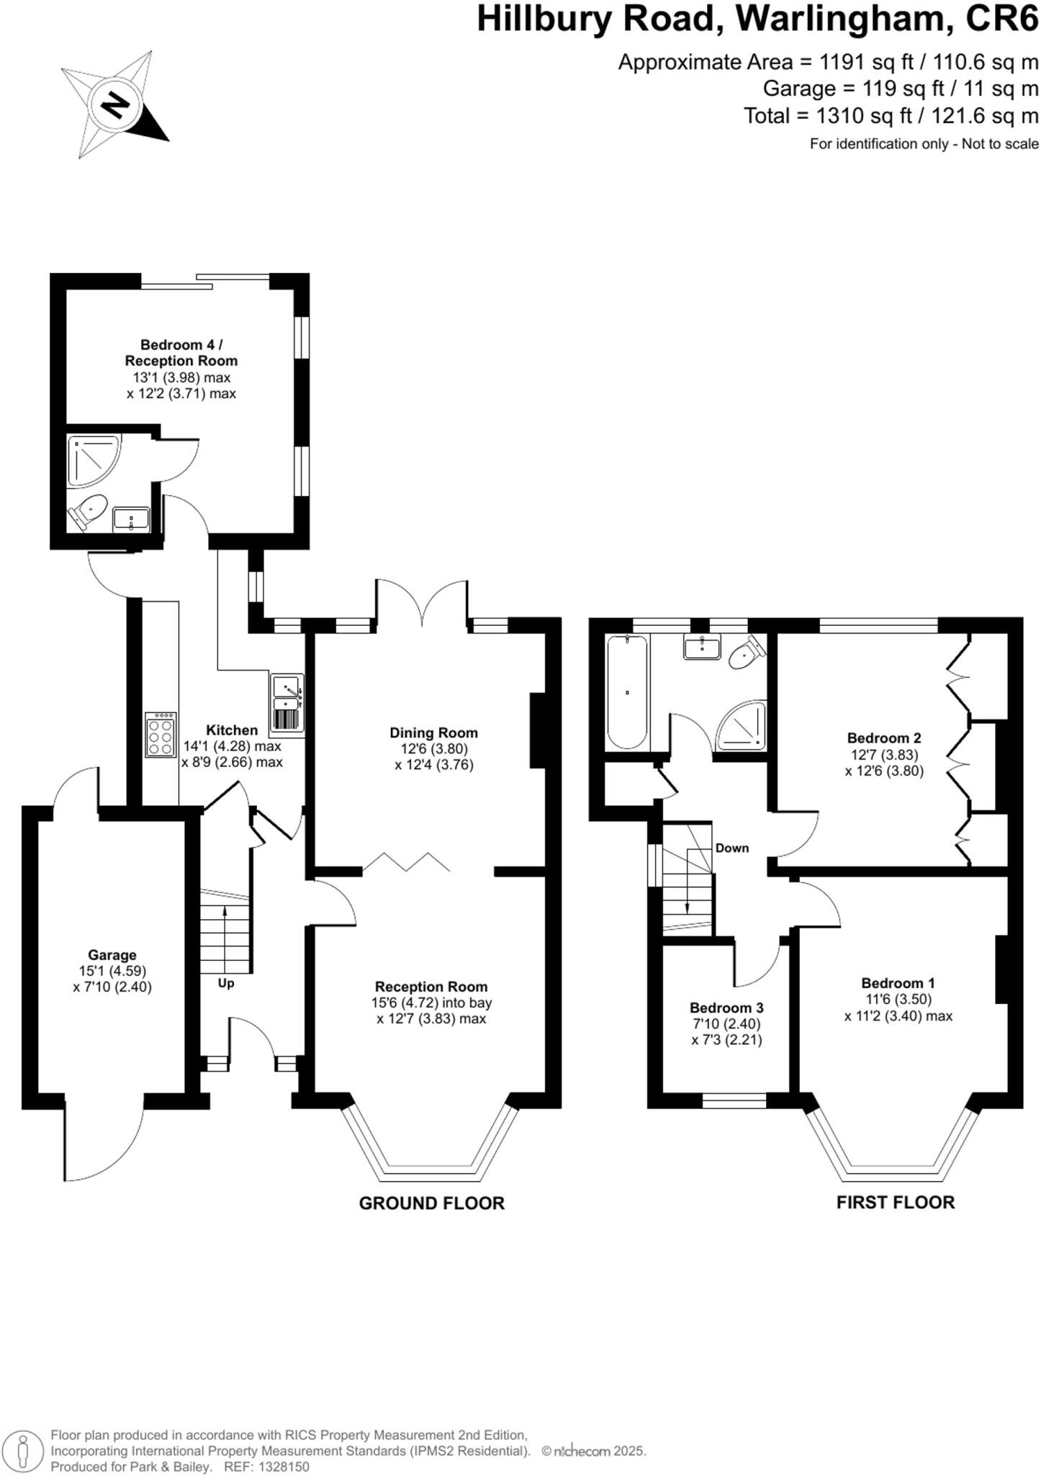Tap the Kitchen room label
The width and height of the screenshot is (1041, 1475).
click(x=232, y=730)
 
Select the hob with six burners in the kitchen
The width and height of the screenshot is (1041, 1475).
click(x=161, y=735)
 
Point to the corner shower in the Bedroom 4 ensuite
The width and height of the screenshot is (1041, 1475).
click(x=93, y=459)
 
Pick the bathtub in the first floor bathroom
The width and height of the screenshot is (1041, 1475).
click(x=627, y=692)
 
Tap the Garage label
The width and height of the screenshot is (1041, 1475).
click(x=112, y=955)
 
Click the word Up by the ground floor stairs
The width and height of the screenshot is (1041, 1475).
click(x=226, y=983)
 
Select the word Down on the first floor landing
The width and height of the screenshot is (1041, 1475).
click(x=731, y=848)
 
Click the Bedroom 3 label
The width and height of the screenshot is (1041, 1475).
click(x=726, y=1008)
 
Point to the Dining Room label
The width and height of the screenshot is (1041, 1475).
click(x=433, y=732)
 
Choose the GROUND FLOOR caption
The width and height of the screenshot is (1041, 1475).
click(x=431, y=1203)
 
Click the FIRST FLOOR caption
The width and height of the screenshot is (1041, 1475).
click(x=895, y=1202)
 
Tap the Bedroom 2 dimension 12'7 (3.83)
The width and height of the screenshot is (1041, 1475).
click(x=884, y=754)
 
